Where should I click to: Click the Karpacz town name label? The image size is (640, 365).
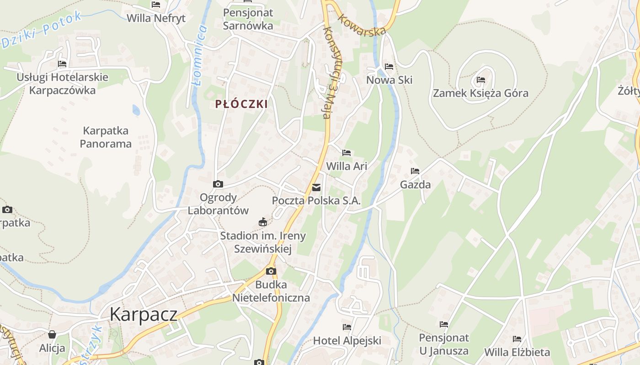coord(143,314)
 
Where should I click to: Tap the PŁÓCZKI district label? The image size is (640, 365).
coord(241,104)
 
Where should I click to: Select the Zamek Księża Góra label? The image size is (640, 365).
coord(480,94)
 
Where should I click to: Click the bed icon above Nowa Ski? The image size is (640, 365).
coord(389,67)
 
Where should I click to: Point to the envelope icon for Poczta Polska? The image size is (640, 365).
coord(316,188)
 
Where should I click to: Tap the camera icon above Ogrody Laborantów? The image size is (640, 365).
coord(218,184)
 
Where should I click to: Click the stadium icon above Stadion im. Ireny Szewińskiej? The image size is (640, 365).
coord(263,222)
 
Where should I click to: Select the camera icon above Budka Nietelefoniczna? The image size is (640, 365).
coord(271,271)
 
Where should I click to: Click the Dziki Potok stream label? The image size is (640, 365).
coord(42,30)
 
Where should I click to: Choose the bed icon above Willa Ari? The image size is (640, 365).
coord(347,153)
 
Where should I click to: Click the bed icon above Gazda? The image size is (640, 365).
coord(415,171)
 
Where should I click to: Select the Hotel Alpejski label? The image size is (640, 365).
coord(347,341)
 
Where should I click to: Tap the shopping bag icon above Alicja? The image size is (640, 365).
coord(52,334)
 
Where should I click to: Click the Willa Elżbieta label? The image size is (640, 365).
coord(517,352)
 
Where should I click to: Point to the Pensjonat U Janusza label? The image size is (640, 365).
coord(444,344)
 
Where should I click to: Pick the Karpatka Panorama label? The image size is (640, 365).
coord(106,137)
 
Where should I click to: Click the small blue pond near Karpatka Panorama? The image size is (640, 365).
coord(136,110)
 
